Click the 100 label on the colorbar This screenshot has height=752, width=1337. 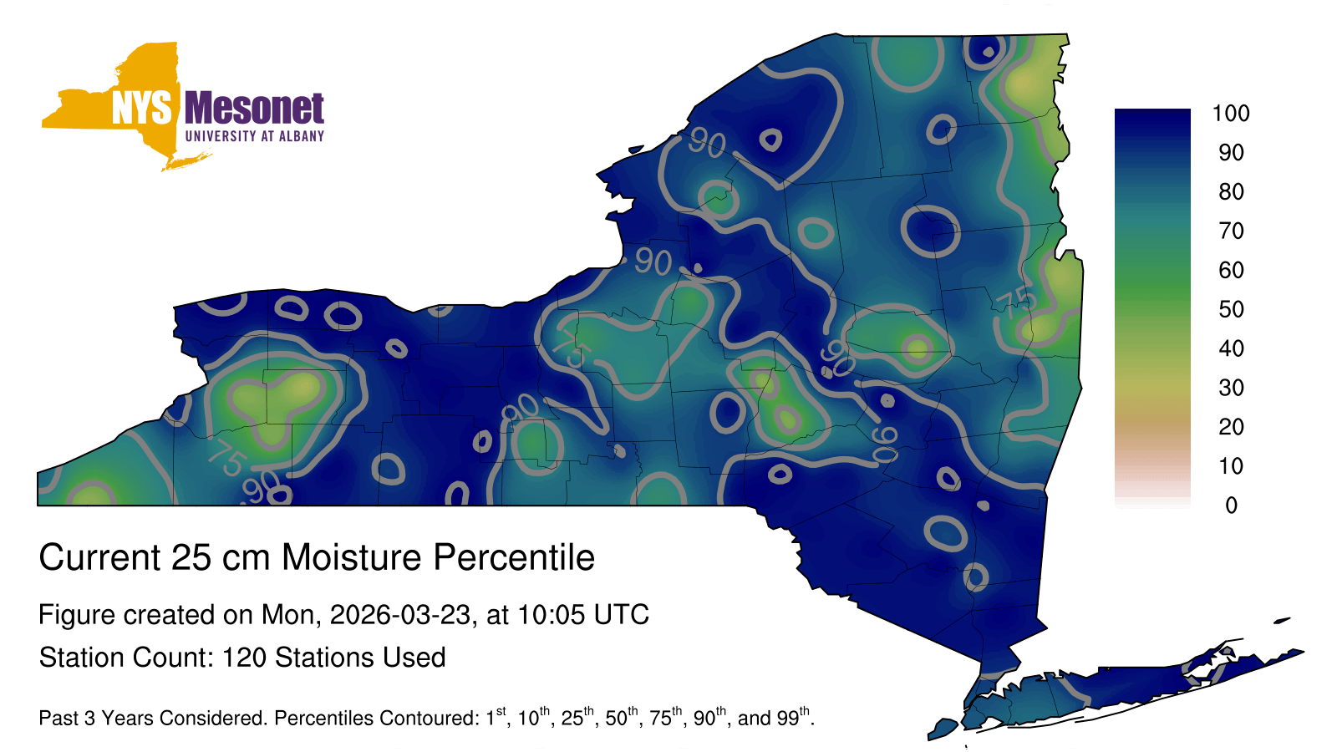(x=1231, y=114)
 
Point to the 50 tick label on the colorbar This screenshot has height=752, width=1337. (x=1231, y=309)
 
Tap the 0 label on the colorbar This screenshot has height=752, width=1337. (x=1232, y=506)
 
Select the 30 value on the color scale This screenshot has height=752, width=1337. (x=1231, y=388)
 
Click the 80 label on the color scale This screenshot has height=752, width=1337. (x=1231, y=191)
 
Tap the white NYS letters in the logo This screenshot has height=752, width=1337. (x=141, y=108)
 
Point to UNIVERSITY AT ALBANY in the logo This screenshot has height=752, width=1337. (x=254, y=136)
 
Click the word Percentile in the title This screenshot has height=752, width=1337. (x=514, y=557)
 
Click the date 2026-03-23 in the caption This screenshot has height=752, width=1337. (x=400, y=615)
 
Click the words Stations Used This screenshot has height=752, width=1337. (x=360, y=658)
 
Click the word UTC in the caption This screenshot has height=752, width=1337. (x=622, y=615)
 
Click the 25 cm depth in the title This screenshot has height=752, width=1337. (x=221, y=557)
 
